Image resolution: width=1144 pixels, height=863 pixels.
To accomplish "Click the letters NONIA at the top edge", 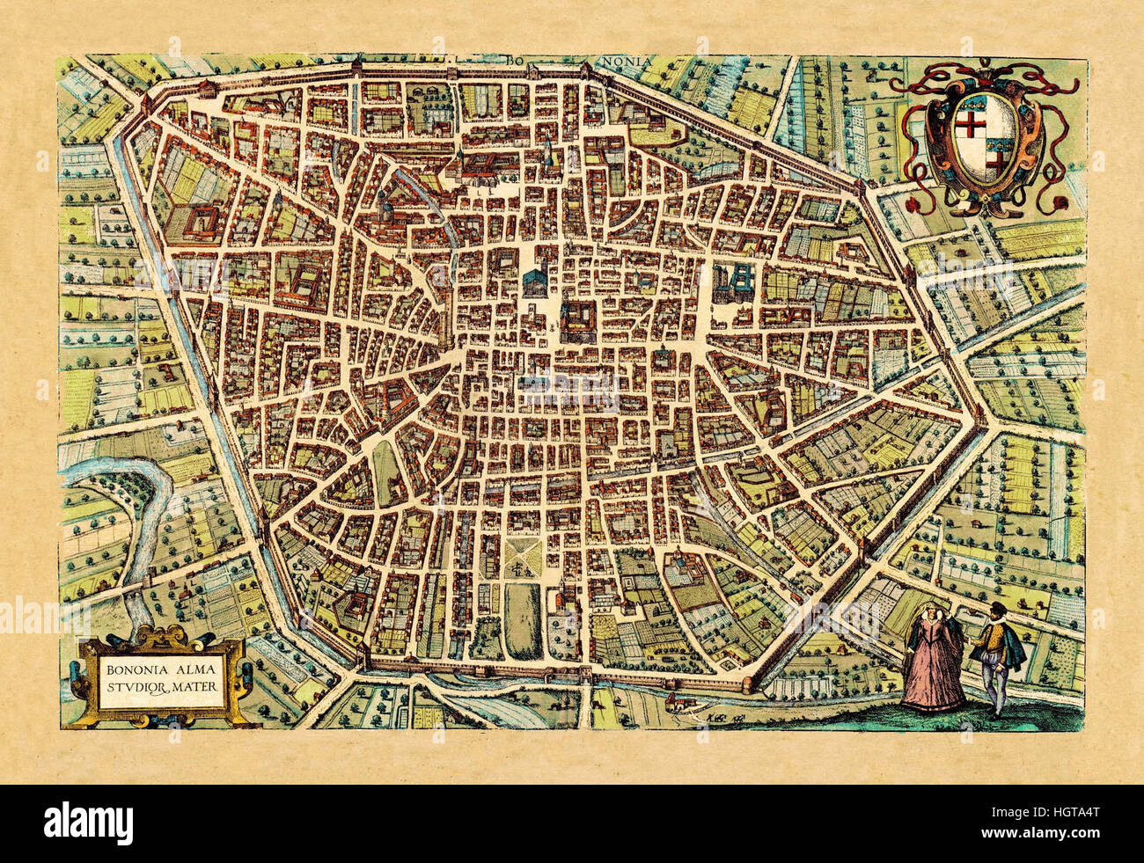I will click(x=626, y=61).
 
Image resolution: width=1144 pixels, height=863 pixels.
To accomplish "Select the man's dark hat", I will click(x=994, y=612).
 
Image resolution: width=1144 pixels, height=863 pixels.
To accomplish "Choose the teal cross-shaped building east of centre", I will click(x=734, y=279).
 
